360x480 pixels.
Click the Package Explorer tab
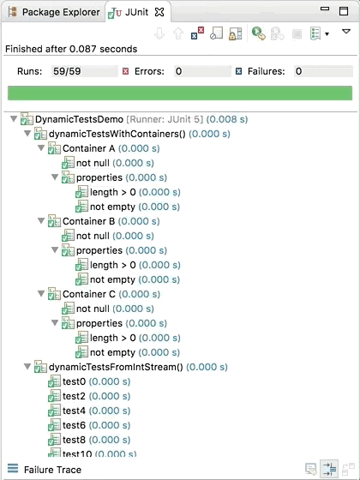click(54, 12)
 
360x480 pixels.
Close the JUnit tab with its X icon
click(159, 12)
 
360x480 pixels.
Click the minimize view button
click(325, 9)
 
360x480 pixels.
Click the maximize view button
click(344, 11)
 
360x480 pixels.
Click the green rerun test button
click(258, 33)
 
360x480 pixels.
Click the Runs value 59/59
click(67, 71)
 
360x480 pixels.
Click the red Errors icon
click(125, 72)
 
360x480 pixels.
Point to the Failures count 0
click(298, 71)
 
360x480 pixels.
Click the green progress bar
click(180, 93)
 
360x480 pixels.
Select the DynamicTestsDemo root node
click(79, 119)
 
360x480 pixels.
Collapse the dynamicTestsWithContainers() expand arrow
click(27, 134)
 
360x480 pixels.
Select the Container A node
click(89, 148)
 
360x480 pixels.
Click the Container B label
click(89, 221)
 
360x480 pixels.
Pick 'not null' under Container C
click(93, 309)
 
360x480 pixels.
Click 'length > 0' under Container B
click(112, 265)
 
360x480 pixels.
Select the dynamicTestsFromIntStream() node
click(116, 367)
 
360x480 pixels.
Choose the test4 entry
click(74, 411)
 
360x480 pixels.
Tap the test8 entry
click(74, 440)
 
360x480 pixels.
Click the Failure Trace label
click(52, 470)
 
